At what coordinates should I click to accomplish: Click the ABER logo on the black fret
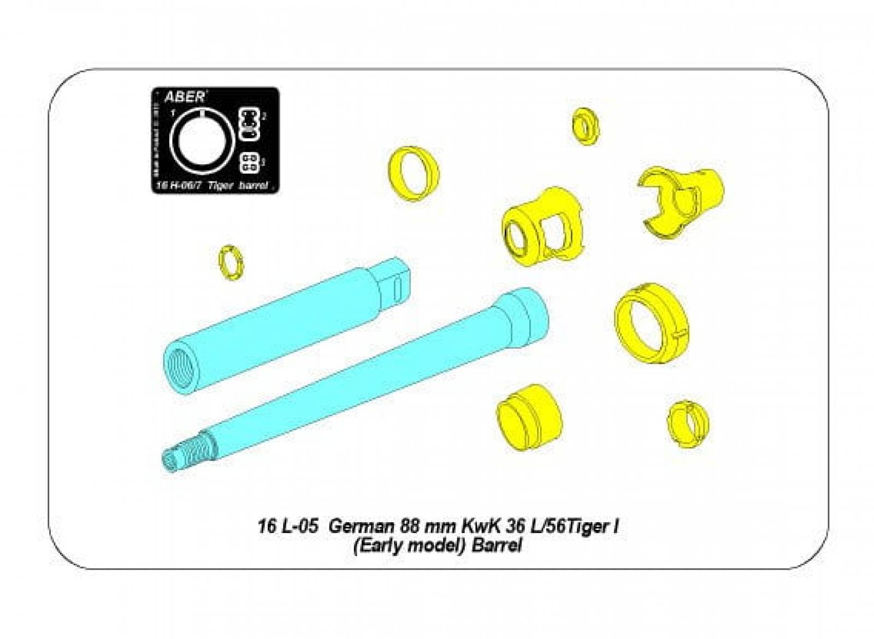(184, 98)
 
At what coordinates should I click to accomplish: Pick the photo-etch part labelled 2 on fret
(249, 123)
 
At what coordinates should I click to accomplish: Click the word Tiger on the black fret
(222, 186)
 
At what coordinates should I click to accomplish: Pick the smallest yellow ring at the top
(586, 127)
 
